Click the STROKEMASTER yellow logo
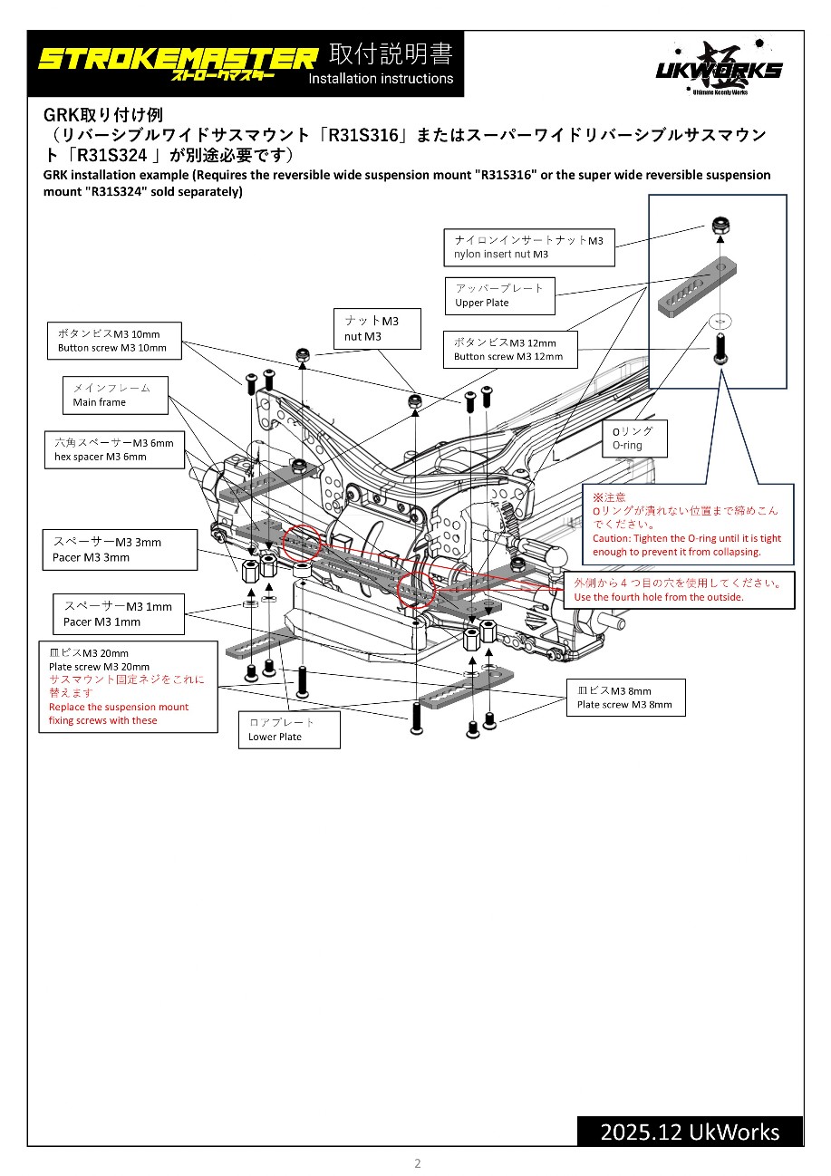coord(177,61)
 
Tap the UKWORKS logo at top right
coord(719,67)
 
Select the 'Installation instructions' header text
coord(381,79)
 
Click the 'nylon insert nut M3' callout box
coord(529,247)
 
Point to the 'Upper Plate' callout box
coord(499,295)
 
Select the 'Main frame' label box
coord(116,395)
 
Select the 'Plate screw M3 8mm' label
coord(625,698)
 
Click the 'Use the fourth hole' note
coord(679,590)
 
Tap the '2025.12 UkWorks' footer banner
coord(690,1132)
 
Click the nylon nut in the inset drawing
coord(719,227)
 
